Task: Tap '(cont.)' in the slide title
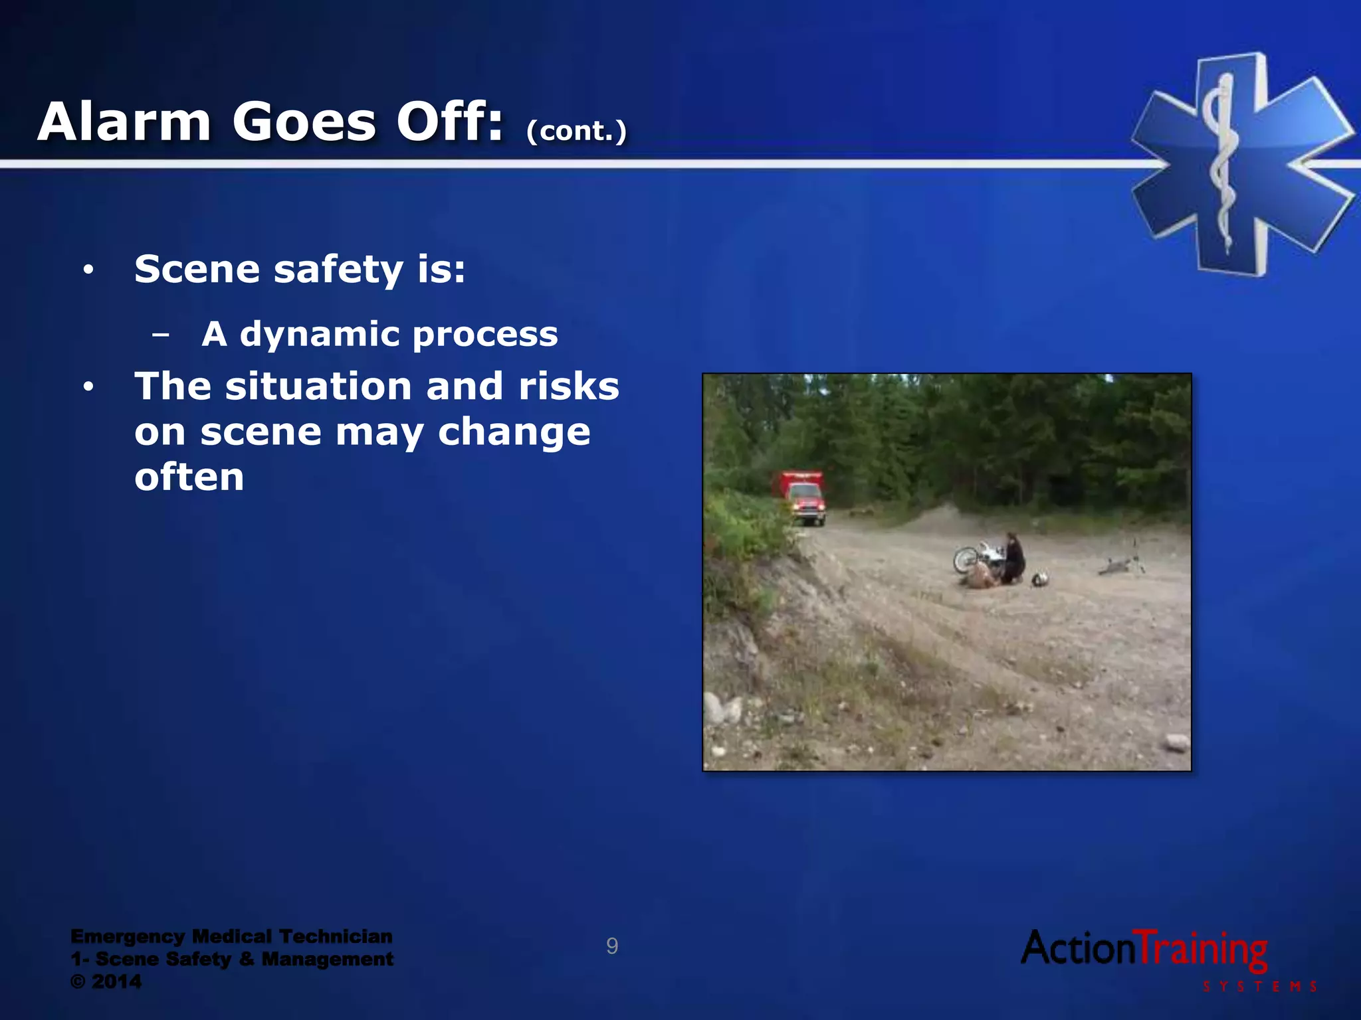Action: pos(576,131)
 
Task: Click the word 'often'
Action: pos(189,477)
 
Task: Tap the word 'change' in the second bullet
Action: pos(514,432)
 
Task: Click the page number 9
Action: pos(612,946)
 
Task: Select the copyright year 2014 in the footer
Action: pos(117,981)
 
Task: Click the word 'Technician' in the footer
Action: pos(336,936)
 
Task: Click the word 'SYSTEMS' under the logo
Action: pos(1260,987)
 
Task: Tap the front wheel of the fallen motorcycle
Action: pos(965,559)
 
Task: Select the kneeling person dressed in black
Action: pos(1013,558)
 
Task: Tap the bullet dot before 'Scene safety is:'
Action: pos(88,270)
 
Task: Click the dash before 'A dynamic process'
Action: pos(160,335)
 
